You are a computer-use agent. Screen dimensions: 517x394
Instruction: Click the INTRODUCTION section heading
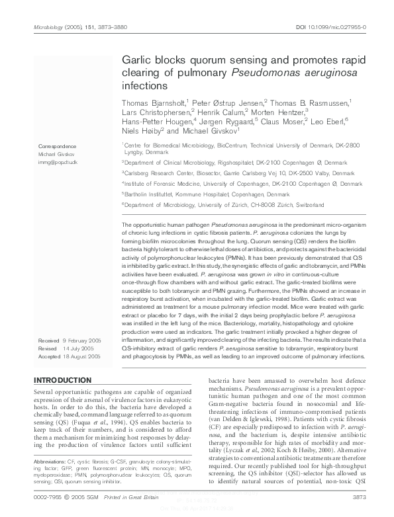point(62,380)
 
